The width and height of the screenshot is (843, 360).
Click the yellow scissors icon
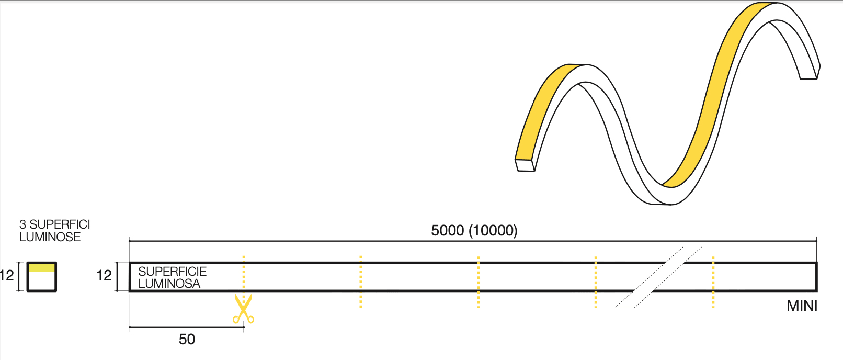[243, 309]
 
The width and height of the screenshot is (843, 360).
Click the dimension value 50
[187, 340]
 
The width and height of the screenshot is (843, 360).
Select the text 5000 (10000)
[474, 230]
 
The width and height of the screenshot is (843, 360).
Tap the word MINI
[802, 306]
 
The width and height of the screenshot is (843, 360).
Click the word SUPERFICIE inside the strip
[172, 272]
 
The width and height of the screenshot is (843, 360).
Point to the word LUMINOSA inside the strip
[169, 284]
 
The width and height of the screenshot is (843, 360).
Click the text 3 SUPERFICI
[54, 224]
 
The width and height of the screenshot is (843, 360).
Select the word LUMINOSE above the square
[50, 237]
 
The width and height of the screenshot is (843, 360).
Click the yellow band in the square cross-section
[41, 267]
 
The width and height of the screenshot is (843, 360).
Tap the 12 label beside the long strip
[104, 276]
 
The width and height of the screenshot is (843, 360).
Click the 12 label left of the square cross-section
[7, 276]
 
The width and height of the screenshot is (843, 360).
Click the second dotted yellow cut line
[361, 282]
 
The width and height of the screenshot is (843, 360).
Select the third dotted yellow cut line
[478, 282]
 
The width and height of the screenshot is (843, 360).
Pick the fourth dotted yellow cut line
[596, 282]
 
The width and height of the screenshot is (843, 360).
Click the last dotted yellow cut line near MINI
[713, 282]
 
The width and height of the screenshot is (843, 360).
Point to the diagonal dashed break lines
[659, 277]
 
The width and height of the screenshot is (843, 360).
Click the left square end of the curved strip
[525, 165]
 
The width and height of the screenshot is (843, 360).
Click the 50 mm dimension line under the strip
[187, 328]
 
